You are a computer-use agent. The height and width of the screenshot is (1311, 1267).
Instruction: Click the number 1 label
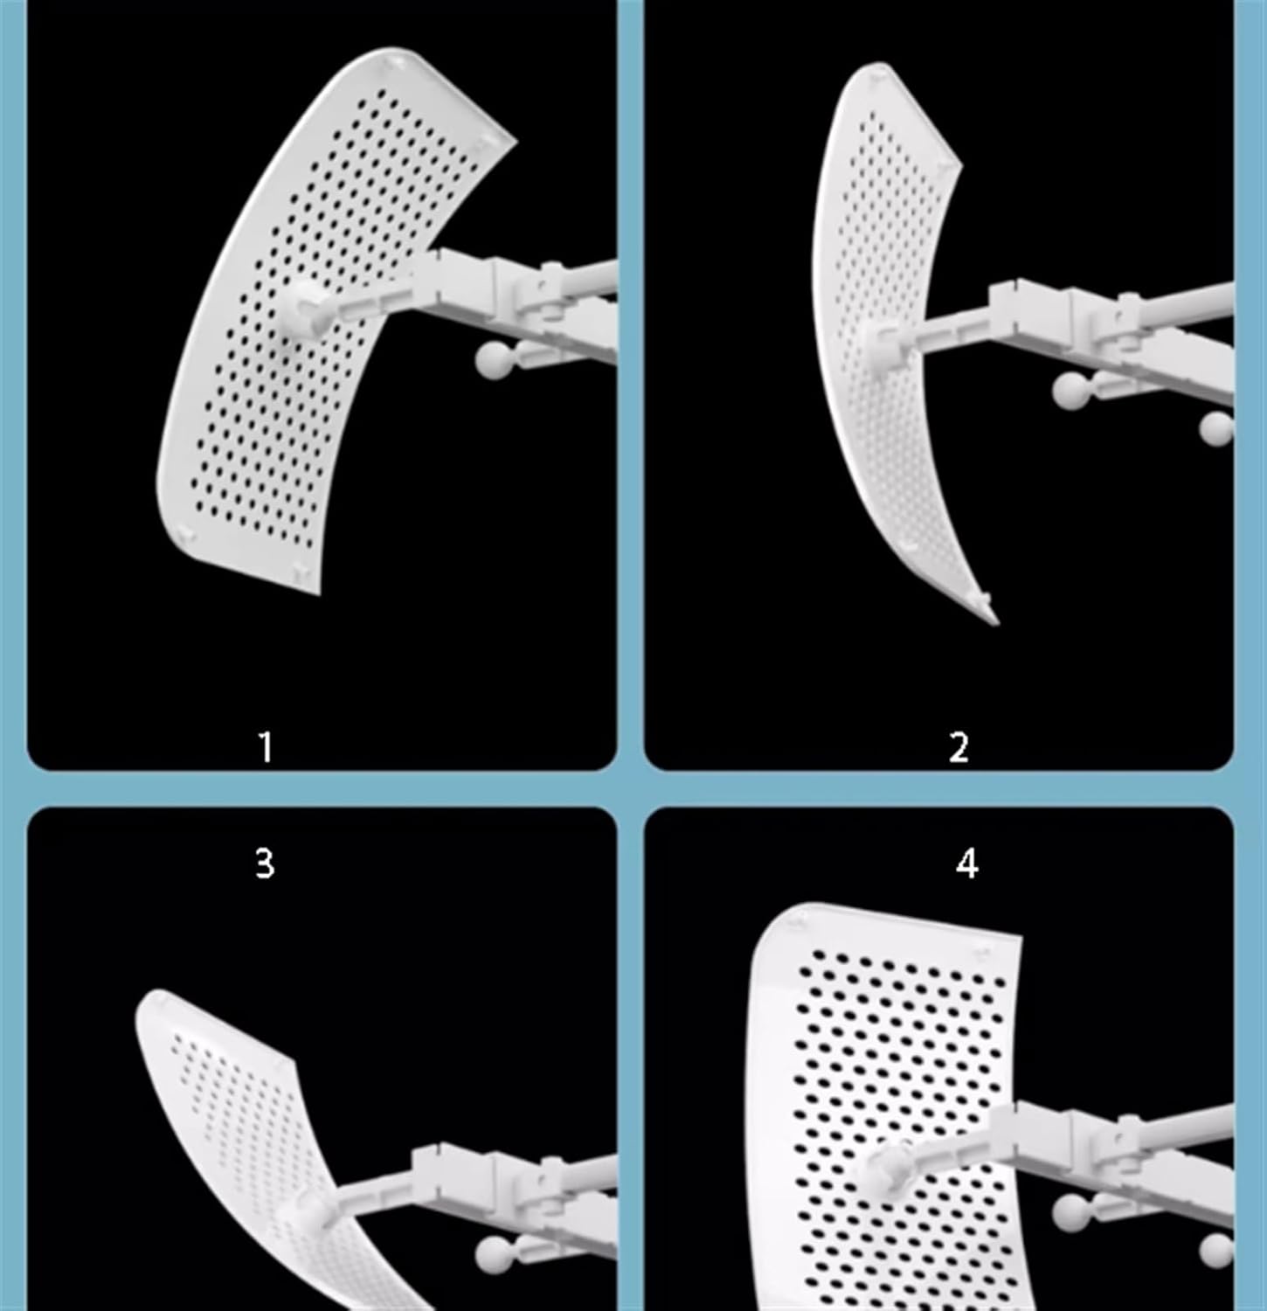tap(265, 747)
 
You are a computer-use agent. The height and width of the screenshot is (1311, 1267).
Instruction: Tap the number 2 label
tap(959, 747)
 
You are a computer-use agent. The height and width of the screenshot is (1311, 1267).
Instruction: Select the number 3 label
tap(265, 863)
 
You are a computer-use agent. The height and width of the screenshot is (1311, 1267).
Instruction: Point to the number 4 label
tap(966, 863)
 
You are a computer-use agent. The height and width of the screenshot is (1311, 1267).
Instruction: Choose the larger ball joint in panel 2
tap(1070, 390)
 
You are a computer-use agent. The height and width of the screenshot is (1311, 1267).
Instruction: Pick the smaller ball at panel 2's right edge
tap(1216, 428)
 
